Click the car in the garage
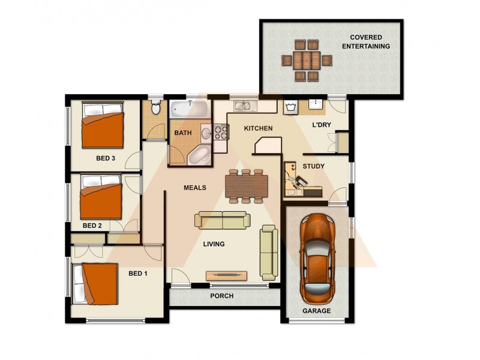[316, 257]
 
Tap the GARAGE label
[316, 311]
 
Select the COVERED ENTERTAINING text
[366, 42]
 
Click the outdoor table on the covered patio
[306, 60]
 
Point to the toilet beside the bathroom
[155, 109]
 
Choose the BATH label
[182, 133]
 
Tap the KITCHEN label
[258, 128]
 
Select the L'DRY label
[322, 125]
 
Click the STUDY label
[313, 166]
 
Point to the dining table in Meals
[245, 185]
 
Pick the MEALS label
[194, 188]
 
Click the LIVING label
[214, 244]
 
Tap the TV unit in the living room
[227, 275]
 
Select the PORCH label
[221, 296]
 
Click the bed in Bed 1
[95, 283]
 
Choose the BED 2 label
[92, 226]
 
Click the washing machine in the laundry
[291, 107]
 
